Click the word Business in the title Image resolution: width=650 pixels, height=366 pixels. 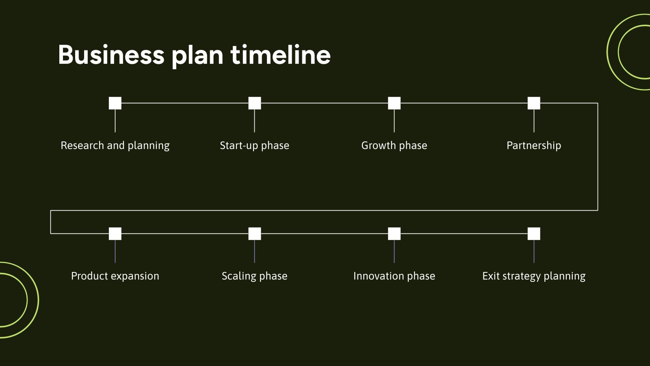pyautogui.click(x=111, y=55)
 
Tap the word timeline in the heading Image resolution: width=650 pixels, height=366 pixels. pyautogui.click(x=281, y=55)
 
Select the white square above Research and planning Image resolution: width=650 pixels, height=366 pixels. pyautogui.click(x=115, y=103)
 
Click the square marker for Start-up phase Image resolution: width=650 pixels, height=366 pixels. pyautogui.click(x=255, y=103)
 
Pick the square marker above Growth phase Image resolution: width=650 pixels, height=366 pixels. pyautogui.click(x=394, y=103)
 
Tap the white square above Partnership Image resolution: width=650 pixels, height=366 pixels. pyautogui.click(x=534, y=103)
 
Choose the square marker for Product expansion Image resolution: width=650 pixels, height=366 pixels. pyautogui.click(x=115, y=234)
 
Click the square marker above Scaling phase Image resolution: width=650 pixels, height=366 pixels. pyautogui.click(x=255, y=234)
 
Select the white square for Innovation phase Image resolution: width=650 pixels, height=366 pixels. pyautogui.click(x=394, y=234)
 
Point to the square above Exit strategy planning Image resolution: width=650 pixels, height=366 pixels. pyautogui.click(x=534, y=234)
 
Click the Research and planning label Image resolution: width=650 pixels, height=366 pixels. pyautogui.click(x=115, y=146)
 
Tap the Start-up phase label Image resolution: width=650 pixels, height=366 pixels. pyautogui.click(x=254, y=146)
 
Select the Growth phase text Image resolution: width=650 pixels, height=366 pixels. pyautogui.click(x=394, y=146)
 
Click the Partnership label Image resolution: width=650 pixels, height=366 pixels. pyautogui.click(x=533, y=146)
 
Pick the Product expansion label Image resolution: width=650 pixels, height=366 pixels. pyautogui.click(x=115, y=276)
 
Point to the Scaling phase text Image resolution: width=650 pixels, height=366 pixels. pyautogui.click(x=254, y=276)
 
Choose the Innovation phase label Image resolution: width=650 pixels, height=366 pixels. pyautogui.click(x=394, y=276)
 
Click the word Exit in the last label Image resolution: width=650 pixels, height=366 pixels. pyautogui.click(x=491, y=276)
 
